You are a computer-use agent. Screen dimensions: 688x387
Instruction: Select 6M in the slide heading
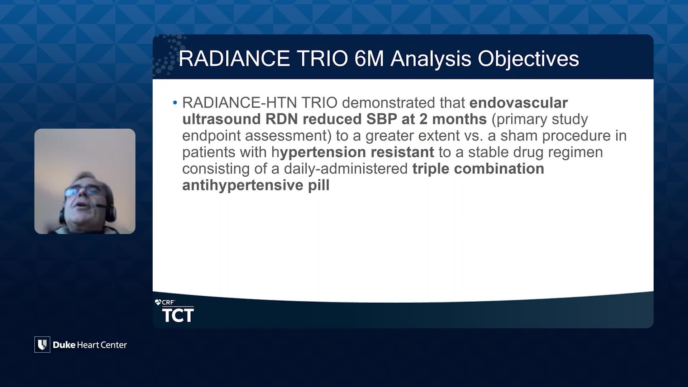click(x=369, y=58)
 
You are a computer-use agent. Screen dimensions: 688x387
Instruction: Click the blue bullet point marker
click(x=175, y=103)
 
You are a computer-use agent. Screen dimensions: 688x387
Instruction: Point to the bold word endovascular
click(x=519, y=103)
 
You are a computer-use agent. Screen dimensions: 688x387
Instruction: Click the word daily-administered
click(x=346, y=169)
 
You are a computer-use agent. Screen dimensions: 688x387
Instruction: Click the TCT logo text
click(x=178, y=315)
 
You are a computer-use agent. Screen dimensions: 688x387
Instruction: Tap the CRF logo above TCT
click(x=165, y=302)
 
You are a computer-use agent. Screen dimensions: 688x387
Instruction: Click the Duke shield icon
click(x=42, y=345)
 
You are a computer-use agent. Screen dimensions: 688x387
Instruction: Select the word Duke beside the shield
click(x=64, y=345)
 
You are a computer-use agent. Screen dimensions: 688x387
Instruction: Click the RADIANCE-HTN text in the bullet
click(x=239, y=103)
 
